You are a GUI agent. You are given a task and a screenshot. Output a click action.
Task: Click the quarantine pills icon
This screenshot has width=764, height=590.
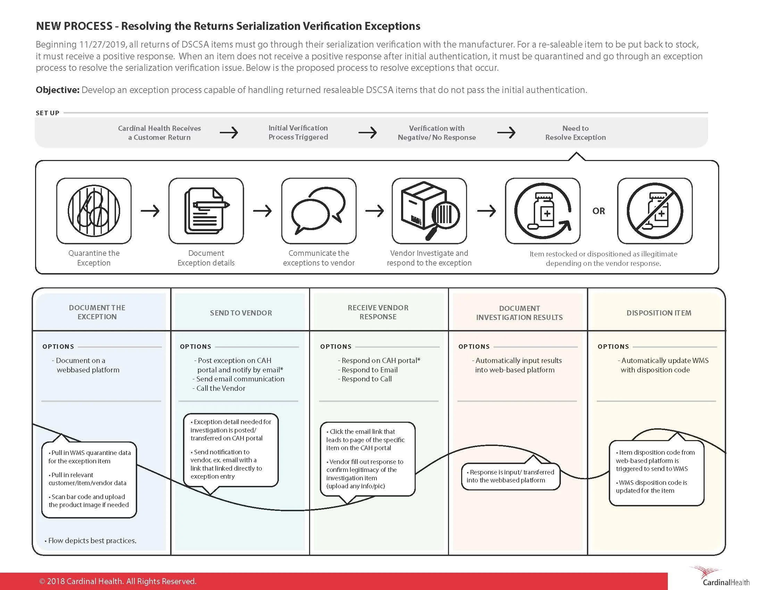pos(94,211)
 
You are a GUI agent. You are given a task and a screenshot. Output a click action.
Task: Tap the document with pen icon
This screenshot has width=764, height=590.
pos(206,211)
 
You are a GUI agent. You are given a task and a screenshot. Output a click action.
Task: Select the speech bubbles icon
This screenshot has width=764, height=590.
pos(319,211)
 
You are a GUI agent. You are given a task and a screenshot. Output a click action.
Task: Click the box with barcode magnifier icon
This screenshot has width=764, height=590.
pos(429,211)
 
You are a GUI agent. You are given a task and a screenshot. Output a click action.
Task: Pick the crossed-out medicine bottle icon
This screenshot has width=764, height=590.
pos(655,211)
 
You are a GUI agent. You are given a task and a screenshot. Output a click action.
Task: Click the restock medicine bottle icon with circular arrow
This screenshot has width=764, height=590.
pos(542,211)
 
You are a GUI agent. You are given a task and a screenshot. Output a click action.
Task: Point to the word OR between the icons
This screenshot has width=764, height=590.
pos(599,211)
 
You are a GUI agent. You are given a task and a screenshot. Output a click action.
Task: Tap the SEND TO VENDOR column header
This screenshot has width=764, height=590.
pos(241,313)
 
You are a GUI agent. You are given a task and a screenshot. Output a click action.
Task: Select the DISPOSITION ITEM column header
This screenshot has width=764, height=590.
pos(659,313)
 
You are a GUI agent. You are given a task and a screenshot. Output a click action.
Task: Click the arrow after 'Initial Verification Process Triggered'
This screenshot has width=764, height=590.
pos(367,133)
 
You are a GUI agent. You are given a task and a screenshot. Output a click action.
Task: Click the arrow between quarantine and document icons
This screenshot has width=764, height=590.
pos(150,211)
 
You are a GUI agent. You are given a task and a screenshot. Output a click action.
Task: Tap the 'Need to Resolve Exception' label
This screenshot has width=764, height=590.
pos(575,133)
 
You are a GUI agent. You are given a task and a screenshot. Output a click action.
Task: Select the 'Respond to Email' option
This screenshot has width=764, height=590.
pos(369,370)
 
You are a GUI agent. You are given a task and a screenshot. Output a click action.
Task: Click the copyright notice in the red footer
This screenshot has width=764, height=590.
pos(118,581)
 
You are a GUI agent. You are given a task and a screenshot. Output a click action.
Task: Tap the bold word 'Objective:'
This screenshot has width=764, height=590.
pos(58,90)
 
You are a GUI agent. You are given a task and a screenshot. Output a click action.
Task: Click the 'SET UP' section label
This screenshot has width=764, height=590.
pos(48,113)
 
